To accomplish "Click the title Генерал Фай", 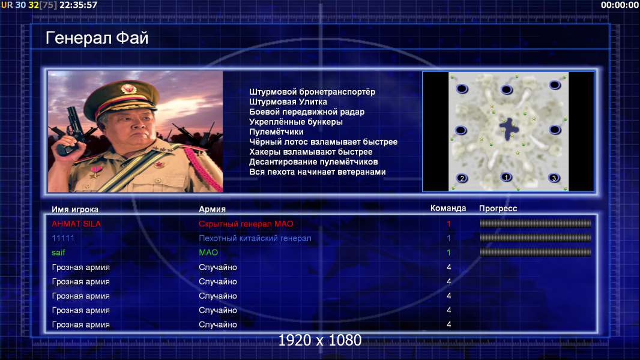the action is click(x=97, y=38).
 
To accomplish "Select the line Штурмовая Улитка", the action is click(x=288, y=102).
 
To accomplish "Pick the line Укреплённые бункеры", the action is click(x=296, y=122).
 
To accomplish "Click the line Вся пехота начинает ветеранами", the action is click(x=318, y=172).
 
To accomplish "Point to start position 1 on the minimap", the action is click(x=506, y=178).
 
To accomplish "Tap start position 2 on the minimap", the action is click(x=462, y=178).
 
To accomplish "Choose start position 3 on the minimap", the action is click(x=554, y=178).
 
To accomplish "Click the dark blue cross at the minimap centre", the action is click(x=509, y=128).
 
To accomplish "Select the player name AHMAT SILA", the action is click(x=76, y=224).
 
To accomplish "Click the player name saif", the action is click(x=58, y=253).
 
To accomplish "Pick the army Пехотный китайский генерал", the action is click(x=255, y=238).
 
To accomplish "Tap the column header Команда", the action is click(x=448, y=208).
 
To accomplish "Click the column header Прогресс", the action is click(x=498, y=209).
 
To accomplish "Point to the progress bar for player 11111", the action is click(x=536, y=238).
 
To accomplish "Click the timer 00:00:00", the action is click(x=620, y=5).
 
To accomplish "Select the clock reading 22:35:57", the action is click(x=79, y=5).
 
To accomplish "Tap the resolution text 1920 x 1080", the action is click(x=320, y=340).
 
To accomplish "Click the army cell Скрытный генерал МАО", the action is click(x=246, y=224).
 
